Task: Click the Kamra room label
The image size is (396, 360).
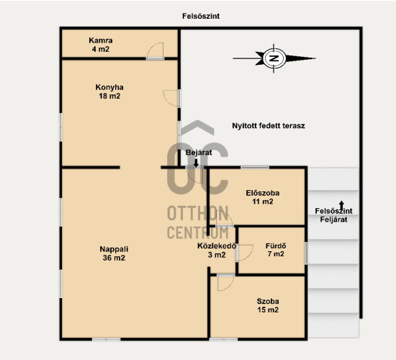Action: [x=101, y=45]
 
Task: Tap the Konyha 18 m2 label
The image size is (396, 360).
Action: [x=109, y=91]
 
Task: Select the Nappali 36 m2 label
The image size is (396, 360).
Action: [x=114, y=253]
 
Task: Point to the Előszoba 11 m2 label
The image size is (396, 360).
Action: [x=263, y=197]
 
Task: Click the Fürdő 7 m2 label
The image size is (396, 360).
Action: [x=276, y=250]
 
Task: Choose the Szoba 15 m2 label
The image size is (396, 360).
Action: [x=268, y=305]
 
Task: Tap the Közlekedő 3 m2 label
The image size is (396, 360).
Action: [x=217, y=251]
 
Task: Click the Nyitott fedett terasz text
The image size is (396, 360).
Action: [x=269, y=125]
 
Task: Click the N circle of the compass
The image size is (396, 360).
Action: [x=274, y=58]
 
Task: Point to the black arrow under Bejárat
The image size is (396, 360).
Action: [x=196, y=163]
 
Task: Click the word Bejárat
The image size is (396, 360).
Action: [x=199, y=153]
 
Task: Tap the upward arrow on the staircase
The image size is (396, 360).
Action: [x=341, y=206]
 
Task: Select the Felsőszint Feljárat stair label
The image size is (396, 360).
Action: [x=333, y=215]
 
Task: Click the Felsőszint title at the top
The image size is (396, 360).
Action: [x=201, y=16]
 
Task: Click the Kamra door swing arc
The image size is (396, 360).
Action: [x=155, y=50]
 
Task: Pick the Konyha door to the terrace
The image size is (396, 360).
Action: [x=172, y=99]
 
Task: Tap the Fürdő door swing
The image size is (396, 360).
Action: [x=245, y=253]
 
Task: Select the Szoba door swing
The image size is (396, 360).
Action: [x=225, y=282]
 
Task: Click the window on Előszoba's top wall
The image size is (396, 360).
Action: [x=255, y=167]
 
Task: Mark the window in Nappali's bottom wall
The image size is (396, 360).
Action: [x=107, y=339]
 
